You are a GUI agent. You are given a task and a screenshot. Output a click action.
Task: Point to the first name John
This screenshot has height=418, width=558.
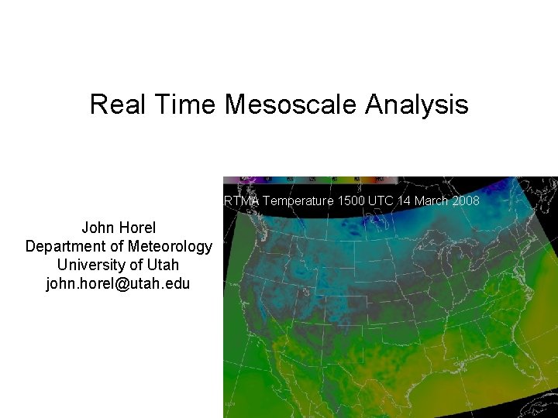click(x=98, y=228)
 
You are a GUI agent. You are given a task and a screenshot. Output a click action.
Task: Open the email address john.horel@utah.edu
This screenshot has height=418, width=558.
click(x=118, y=283)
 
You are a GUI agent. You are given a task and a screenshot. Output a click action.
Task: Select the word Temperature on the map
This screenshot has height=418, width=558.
click(x=298, y=201)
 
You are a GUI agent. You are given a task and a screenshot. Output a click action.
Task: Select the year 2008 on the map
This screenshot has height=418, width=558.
click(x=465, y=201)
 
